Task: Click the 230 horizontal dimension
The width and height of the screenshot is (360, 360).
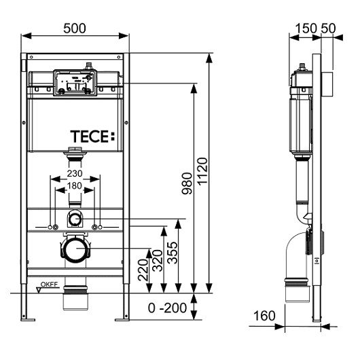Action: point(75,174)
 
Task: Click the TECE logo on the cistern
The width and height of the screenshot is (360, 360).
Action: point(92,136)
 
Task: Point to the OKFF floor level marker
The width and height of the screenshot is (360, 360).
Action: point(47,285)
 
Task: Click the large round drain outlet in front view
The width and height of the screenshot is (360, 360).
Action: point(75,249)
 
